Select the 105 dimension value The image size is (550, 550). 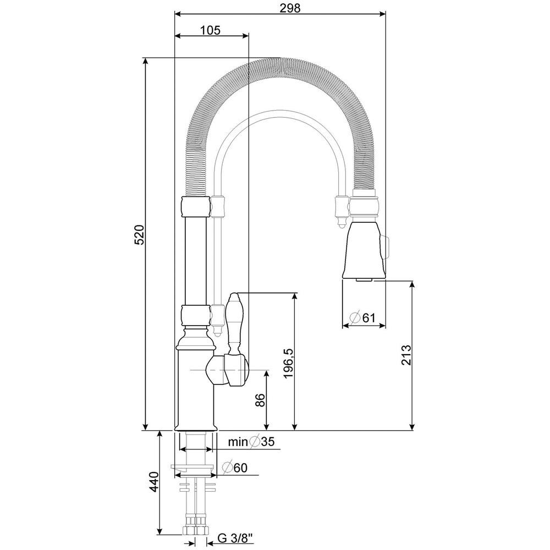pos(211,30)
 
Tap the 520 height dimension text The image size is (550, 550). pos(139,235)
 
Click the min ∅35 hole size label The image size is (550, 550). pos(251,441)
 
